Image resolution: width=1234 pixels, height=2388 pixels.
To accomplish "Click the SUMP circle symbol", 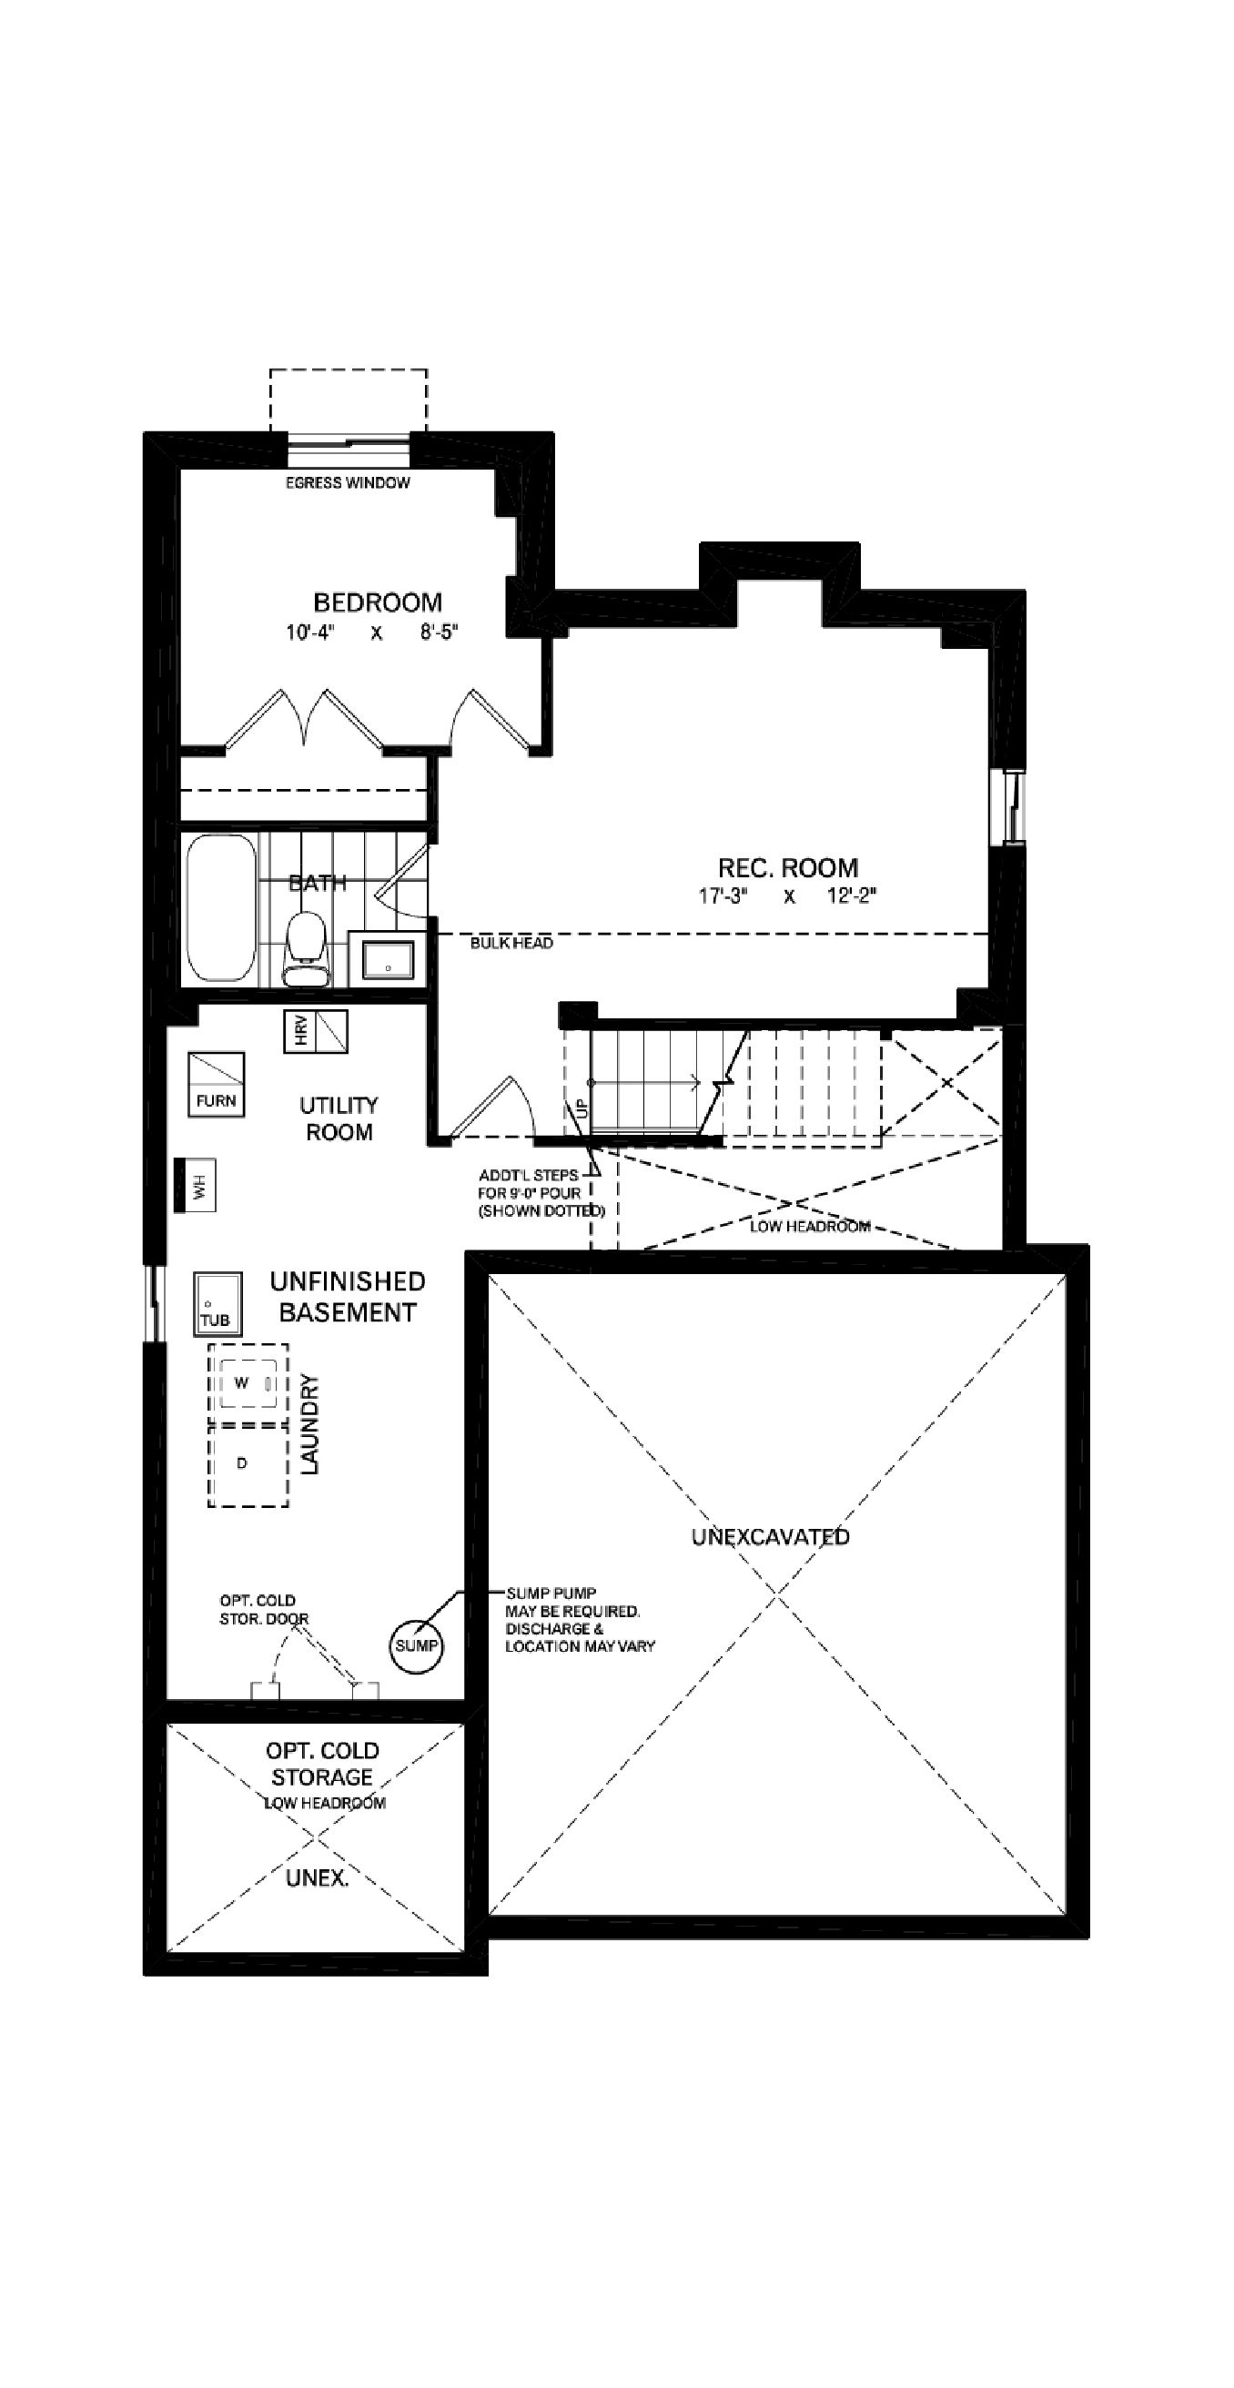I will tap(415, 1645).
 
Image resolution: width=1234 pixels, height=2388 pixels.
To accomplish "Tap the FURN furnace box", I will tap(216, 1084).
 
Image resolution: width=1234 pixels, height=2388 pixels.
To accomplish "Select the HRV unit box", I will tap(315, 1031).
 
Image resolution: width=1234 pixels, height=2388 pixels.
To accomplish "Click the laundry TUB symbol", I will tap(217, 1303).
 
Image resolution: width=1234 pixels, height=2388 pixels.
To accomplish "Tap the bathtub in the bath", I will tap(220, 907).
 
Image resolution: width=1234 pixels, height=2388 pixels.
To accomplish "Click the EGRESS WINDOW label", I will tap(347, 483).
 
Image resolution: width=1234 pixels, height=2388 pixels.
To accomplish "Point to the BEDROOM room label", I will tap(378, 602).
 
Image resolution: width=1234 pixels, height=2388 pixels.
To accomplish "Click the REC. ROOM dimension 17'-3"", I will tap(723, 896).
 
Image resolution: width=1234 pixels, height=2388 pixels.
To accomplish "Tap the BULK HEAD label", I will tap(511, 943).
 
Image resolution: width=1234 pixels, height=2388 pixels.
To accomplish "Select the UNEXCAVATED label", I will tap(771, 1536).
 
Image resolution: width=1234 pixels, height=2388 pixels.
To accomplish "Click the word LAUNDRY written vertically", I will tap(309, 1424).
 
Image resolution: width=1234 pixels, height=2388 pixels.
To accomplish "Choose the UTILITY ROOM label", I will tap(339, 1118).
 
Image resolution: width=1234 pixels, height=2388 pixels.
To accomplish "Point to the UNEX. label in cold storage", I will tap(317, 1877).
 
